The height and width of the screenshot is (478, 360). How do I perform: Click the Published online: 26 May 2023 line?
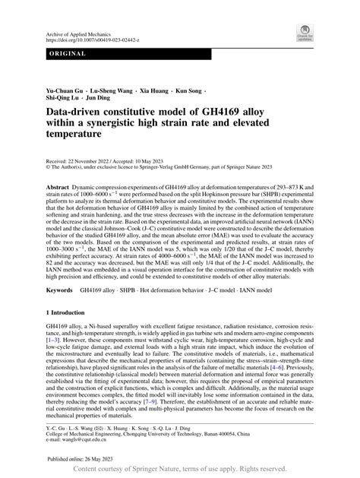click(x=80, y=460)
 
